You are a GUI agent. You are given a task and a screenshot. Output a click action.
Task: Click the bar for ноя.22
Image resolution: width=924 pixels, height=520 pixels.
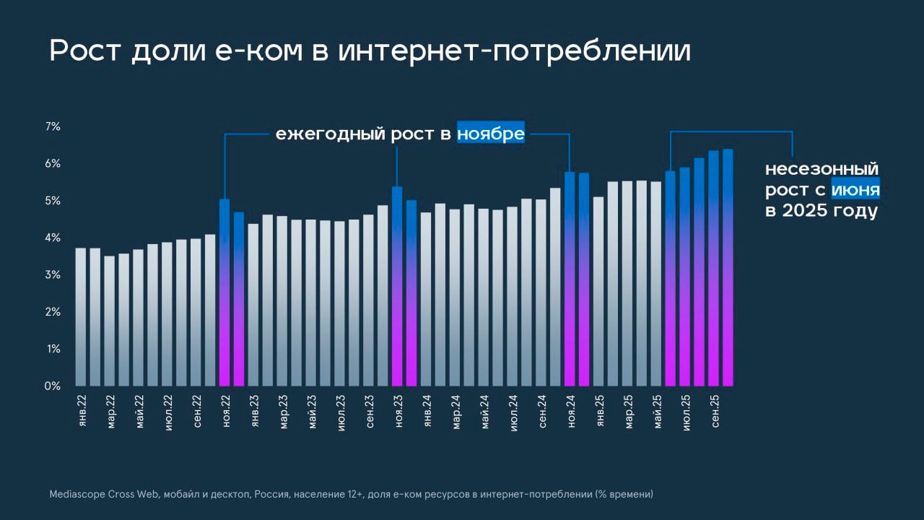(x=225, y=292)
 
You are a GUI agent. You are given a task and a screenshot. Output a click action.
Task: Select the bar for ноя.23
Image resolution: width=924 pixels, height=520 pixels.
(x=397, y=287)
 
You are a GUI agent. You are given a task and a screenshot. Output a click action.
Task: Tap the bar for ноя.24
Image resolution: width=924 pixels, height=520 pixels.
(x=570, y=279)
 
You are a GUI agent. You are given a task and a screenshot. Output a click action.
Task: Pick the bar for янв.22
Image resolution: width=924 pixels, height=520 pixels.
(x=81, y=317)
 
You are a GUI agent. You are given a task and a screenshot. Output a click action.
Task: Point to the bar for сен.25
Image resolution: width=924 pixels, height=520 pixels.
(x=713, y=268)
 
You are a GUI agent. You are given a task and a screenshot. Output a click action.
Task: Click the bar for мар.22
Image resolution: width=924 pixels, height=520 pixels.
(x=110, y=321)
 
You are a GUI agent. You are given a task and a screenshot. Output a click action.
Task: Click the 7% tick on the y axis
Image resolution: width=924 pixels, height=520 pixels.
(x=53, y=127)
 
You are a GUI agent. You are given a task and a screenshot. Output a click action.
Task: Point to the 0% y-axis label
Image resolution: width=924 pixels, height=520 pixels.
(x=53, y=386)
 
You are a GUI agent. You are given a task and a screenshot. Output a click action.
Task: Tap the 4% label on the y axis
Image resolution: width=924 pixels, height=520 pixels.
(x=53, y=238)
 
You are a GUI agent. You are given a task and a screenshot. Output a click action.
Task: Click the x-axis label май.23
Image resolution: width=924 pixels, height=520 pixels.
(x=313, y=412)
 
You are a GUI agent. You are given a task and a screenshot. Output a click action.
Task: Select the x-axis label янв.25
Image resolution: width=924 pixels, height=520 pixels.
(x=600, y=412)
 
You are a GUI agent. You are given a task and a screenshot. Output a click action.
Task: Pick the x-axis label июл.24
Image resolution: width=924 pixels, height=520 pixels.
(x=514, y=412)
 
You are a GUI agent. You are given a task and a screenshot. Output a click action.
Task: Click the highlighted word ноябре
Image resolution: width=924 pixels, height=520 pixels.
(x=491, y=134)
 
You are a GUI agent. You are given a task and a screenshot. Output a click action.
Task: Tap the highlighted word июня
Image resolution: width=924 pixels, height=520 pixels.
(x=855, y=190)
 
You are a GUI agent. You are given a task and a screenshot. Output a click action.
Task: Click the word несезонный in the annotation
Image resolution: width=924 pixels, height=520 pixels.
(x=822, y=170)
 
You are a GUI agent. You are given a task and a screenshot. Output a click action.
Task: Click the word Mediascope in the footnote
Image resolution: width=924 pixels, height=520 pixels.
(x=77, y=495)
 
